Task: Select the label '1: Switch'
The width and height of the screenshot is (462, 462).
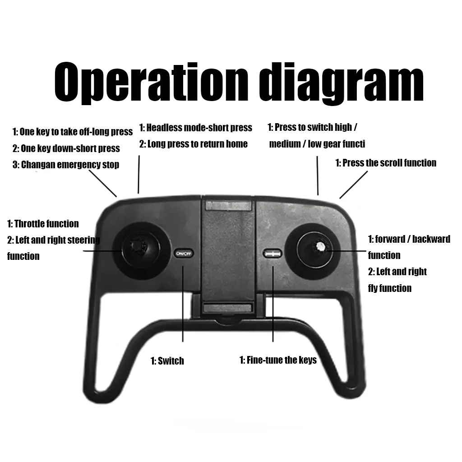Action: (x=167, y=361)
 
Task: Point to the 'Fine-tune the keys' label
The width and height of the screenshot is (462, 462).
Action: (x=278, y=360)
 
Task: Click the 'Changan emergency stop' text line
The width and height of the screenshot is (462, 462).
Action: (x=66, y=165)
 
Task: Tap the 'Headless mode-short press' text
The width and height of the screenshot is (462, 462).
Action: (x=195, y=128)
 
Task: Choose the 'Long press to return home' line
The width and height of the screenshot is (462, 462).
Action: (x=194, y=144)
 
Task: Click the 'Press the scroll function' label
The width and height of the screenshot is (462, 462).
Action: (x=386, y=163)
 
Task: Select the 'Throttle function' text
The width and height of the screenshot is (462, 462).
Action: (x=43, y=224)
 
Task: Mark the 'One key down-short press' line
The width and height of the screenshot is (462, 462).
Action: (x=66, y=148)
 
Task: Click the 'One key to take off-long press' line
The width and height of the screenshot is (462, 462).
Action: (x=72, y=132)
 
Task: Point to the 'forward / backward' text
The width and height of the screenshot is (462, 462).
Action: (x=409, y=239)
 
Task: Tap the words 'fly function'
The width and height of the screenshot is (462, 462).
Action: (x=390, y=288)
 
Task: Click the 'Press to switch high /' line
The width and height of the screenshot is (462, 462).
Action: (x=313, y=127)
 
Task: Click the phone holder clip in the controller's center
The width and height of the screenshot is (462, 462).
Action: (x=228, y=253)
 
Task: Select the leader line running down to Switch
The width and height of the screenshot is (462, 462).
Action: (x=183, y=307)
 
